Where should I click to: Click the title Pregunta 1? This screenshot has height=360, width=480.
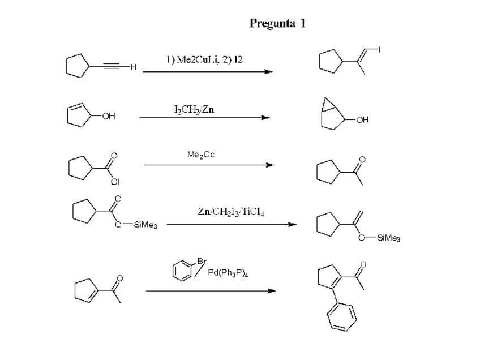[x=277, y=24]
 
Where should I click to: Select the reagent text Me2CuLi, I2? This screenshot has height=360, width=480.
[x=204, y=59]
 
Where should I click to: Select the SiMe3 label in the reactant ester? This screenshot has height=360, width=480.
[x=145, y=225]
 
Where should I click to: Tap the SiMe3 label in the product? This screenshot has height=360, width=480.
[x=388, y=239]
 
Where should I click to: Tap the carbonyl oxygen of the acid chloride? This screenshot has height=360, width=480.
[x=114, y=155]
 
